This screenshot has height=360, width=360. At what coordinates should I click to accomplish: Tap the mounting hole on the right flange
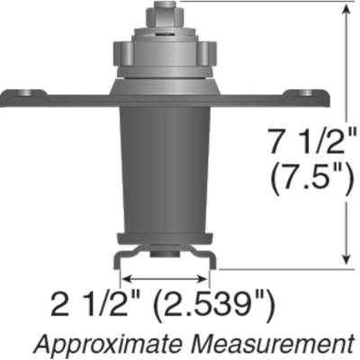click(307, 92)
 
